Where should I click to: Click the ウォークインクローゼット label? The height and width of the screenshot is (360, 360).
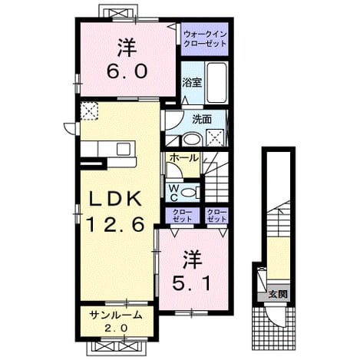(x=205, y=39)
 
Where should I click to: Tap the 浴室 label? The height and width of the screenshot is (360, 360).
(x=192, y=82)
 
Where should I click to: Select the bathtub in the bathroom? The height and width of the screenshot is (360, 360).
(x=217, y=83)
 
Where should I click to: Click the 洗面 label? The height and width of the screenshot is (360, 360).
(x=202, y=120)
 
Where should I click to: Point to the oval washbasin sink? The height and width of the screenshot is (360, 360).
(x=193, y=139)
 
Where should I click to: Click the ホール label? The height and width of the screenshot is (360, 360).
(x=184, y=158)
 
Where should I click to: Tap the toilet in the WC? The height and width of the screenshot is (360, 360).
(x=191, y=192)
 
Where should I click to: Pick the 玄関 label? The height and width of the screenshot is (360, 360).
(x=278, y=295)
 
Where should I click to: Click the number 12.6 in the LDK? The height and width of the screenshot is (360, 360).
(x=115, y=223)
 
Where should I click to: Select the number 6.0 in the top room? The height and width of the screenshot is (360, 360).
(x=127, y=71)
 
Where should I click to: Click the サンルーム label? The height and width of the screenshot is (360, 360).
(x=116, y=315)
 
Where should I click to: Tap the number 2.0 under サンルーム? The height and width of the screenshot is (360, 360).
(x=116, y=328)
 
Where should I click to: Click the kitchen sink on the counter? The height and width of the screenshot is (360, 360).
(x=124, y=149)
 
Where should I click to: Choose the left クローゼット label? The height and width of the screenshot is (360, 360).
(x=182, y=216)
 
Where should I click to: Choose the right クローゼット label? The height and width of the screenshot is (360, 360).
(x=217, y=216)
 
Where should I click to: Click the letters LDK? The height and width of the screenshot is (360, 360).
(x=115, y=199)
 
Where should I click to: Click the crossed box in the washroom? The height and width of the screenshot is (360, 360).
(x=216, y=137)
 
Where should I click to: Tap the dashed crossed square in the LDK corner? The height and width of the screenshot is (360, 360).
(x=89, y=111)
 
